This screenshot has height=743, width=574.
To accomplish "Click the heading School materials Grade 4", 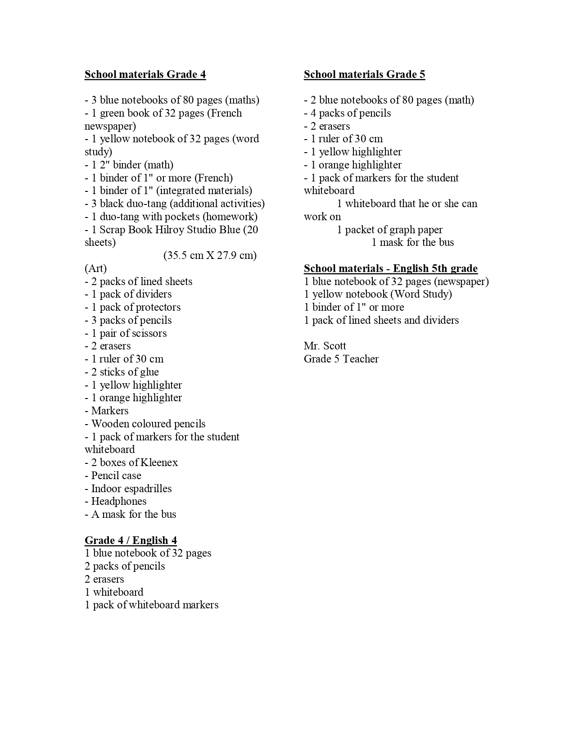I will point(145,74).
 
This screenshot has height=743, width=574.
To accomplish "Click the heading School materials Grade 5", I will point(364,74).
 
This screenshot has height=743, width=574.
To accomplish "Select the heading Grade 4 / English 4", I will point(131,540).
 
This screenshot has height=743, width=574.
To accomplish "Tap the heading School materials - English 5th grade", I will point(390,268).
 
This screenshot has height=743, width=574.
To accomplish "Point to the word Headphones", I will point(119,501).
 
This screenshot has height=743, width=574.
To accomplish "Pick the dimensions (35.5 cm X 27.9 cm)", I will point(210,255).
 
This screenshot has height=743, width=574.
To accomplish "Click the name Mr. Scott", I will point(325,346).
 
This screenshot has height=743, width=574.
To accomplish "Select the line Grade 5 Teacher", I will point(341,359).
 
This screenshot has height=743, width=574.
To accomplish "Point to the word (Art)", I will point(95,268).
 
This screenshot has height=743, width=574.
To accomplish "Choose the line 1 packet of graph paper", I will point(390,230).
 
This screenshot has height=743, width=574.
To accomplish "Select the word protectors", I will point(158,307).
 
